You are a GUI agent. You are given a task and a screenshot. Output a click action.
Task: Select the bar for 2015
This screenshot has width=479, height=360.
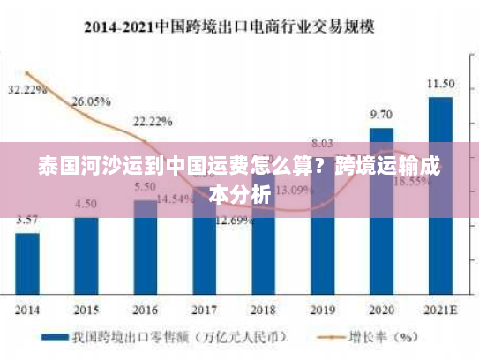pos(86,256)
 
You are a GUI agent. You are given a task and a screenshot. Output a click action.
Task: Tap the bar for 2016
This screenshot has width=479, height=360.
pos(146,247)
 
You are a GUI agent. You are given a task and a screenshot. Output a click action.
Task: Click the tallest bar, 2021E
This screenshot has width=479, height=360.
pos(440,194)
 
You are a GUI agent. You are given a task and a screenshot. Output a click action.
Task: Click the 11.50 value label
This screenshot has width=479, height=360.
pos(440,84)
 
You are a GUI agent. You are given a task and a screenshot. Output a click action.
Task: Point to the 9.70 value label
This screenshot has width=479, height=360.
pos(381,115)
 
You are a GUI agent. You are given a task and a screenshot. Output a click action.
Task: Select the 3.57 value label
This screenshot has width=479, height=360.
pos(27,220)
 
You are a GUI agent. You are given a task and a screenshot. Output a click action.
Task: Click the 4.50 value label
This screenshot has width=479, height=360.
pos(86,204)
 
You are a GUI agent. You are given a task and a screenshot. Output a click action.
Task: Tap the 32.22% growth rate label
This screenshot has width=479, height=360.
pos(27,90)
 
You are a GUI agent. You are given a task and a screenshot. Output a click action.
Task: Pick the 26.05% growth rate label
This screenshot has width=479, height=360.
pos(91,101)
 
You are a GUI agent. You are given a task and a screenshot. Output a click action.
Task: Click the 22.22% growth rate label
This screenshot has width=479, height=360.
pos(153,121)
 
